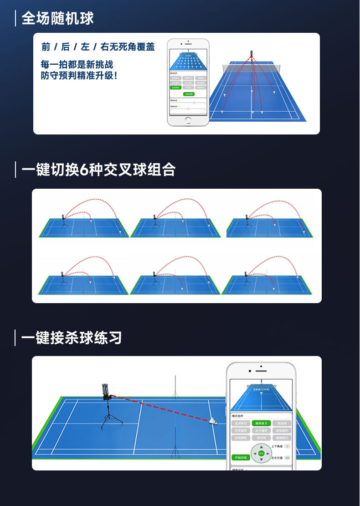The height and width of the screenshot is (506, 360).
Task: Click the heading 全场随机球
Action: click(58, 18)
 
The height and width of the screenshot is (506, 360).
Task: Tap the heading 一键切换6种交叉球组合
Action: click(99, 170)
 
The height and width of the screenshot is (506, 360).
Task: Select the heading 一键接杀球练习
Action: click(72, 338)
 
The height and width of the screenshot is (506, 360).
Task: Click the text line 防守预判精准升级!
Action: click(79, 75)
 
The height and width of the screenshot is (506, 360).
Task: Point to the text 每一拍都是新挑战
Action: click(76, 64)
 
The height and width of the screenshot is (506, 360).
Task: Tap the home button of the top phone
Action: click(188, 120)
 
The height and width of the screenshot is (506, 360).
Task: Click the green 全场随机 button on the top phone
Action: click(175, 87)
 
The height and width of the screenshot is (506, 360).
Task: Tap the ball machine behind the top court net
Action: click(251, 54)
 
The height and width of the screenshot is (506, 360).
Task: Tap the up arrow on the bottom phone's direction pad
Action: click(261, 446)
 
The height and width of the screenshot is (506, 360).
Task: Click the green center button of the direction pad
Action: click(261, 454)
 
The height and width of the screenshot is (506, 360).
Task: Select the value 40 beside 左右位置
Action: click(287, 457)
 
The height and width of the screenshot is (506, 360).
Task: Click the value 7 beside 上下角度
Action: click(287, 446)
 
